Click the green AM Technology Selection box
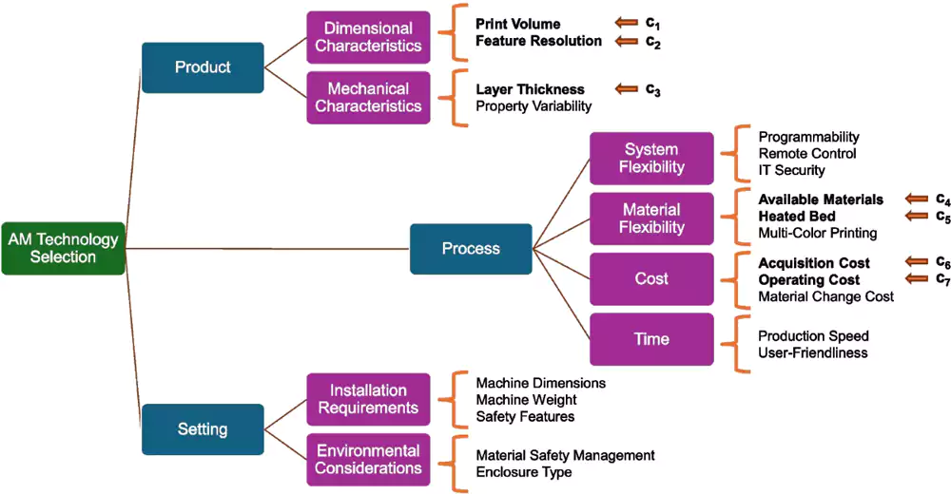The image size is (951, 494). (x=64, y=248)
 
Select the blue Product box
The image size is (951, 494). (x=203, y=67)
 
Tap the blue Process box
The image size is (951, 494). (x=471, y=249)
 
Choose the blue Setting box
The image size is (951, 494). (x=203, y=429)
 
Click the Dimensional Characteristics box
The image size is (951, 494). (x=368, y=37)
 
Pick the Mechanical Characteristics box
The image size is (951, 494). (x=368, y=97)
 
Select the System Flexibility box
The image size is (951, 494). (x=651, y=158)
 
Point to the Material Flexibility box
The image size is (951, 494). (x=651, y=218)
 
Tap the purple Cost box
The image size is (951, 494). (x=651, y=279)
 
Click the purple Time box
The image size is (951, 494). (x=651, y=339)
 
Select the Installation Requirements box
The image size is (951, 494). (x=368, y=399)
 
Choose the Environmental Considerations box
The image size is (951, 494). (x=368, y=460)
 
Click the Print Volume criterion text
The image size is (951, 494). (x=518, y=24)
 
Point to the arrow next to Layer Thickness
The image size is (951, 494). (x=627, y=89)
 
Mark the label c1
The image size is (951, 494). (x=653, y=24)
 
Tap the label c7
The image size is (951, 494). (x=942, y=279)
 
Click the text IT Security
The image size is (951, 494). (x=791, y=170)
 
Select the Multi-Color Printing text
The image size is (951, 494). (x=817, y=233)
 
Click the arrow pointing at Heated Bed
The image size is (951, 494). (x=917, y=216)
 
